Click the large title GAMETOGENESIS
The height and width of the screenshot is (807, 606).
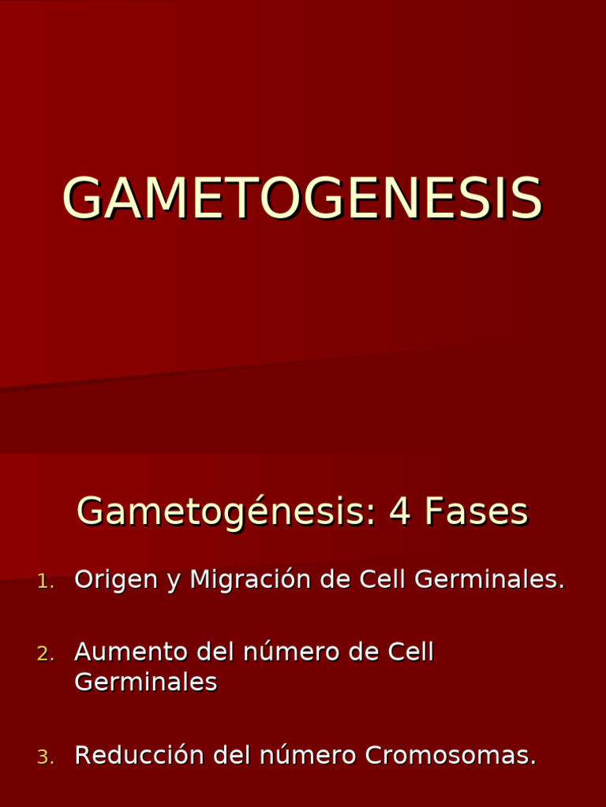[302, 199]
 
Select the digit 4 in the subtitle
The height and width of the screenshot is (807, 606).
[401, 512]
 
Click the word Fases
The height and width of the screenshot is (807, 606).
[476, 512]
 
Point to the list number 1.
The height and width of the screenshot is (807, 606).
[44, 582]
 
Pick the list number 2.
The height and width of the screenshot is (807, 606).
[44, 654]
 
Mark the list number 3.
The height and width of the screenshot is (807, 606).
[44, 757]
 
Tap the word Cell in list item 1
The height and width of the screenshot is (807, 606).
[383, 579]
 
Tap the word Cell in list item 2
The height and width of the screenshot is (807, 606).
[411, 653]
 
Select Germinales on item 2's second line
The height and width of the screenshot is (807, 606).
[145, 682]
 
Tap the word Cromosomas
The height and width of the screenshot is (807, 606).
[450, 756]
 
